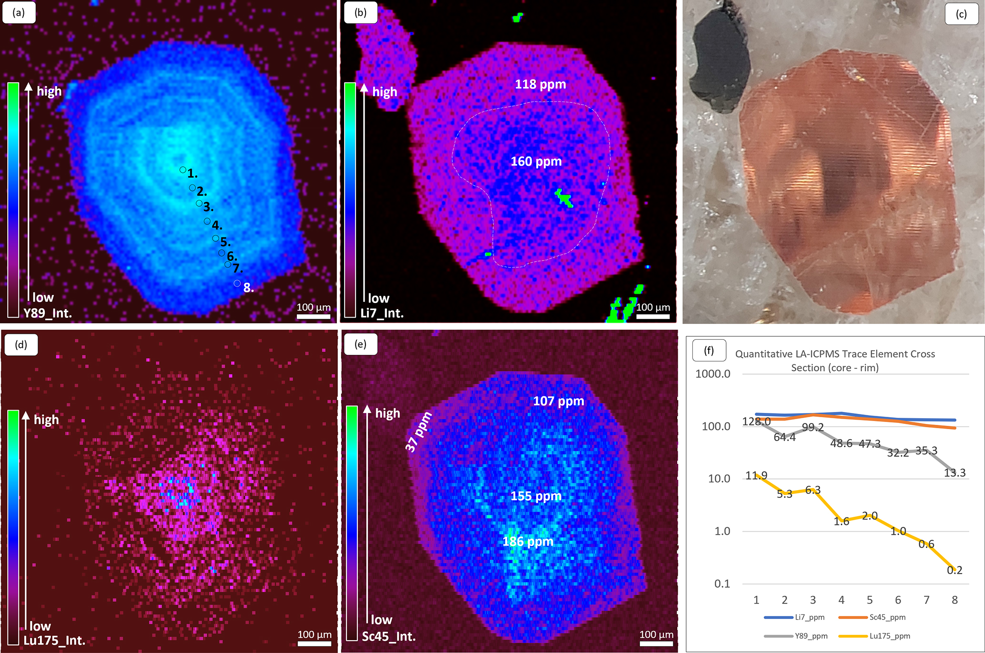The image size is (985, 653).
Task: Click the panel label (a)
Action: pos(19,13)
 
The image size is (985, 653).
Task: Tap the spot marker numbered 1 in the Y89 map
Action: pos(183,170)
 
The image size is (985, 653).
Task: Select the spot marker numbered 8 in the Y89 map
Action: pos(237,283)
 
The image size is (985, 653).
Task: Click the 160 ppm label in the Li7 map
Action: pos(536,161)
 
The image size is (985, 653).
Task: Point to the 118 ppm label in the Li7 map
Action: pos(540,84)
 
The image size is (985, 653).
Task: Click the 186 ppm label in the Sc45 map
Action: pos(528,542)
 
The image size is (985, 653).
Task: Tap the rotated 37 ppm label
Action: pos(418,432)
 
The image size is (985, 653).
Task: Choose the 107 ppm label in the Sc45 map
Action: pos(559,401)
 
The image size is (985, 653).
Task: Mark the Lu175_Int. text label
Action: pos(54,640)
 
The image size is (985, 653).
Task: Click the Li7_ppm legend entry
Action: pos(794,617)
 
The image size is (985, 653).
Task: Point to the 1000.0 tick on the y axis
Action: pos(712,374)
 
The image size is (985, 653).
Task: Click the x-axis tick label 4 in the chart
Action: pos(841,600)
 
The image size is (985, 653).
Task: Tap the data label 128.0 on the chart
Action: pos(756,422)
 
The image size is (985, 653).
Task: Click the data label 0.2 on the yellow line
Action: pos(955,570)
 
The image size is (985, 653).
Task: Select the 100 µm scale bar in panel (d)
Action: pos(315,643)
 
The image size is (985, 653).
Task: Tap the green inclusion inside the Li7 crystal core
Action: pos(564,197)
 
